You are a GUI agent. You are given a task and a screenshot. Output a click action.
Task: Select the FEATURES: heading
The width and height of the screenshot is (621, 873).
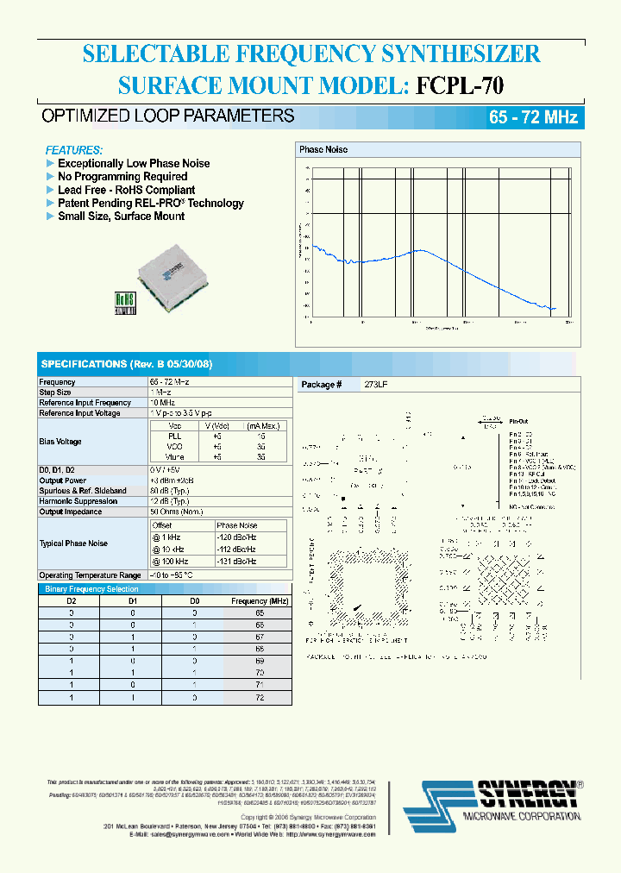(73, 149)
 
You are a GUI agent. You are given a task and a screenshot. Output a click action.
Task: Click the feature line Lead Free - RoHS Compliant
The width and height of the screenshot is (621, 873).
(126, 190)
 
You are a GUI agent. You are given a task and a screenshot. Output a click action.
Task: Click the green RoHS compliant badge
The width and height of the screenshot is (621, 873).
(127, 302)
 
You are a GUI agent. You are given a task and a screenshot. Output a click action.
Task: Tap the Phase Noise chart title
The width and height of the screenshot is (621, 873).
(323, 150)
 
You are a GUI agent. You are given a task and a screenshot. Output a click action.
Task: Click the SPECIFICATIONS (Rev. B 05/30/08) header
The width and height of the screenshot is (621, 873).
(126, 364)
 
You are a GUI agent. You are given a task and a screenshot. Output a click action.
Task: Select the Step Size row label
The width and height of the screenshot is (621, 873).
(55, 393)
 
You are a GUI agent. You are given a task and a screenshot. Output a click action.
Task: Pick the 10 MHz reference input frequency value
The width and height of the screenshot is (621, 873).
(161, 403)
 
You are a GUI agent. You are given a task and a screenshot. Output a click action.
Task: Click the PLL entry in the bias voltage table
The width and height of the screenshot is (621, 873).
(175, 436)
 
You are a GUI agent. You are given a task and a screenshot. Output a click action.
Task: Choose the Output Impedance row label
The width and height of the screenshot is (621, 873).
(70, 512)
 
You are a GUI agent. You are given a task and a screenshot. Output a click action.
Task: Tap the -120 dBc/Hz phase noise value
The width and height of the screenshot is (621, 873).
(236, 537)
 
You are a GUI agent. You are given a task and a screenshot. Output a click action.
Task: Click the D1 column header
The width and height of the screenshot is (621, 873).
(133, 600)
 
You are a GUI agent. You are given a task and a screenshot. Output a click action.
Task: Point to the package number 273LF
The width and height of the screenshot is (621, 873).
(376, 384)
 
